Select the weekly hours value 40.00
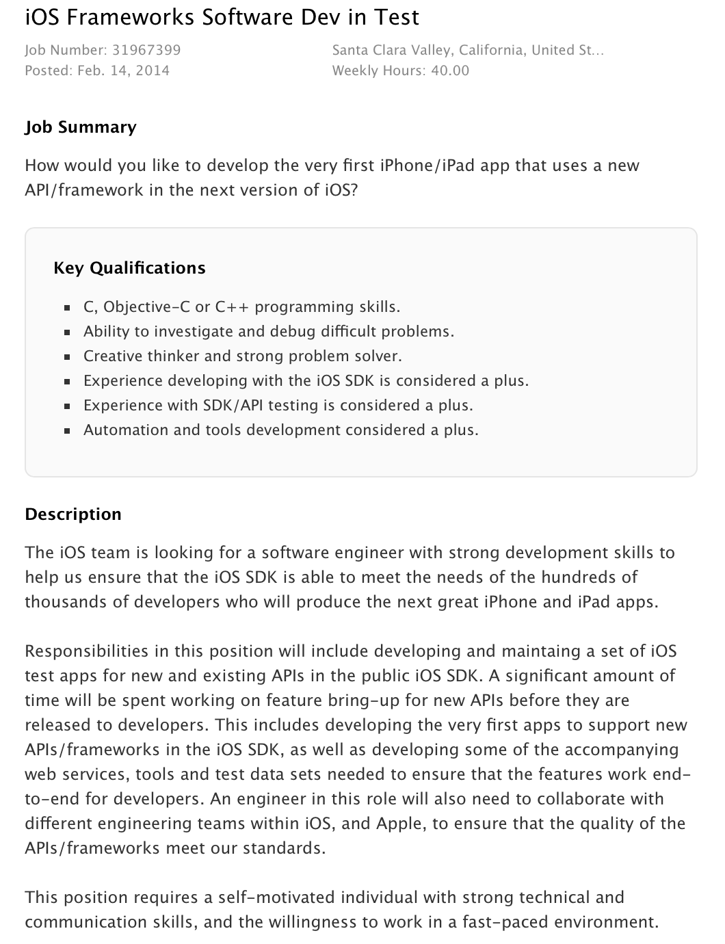click(450, 70)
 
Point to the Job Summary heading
click(81, 127)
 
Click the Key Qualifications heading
click(129, 267)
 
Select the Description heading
click(73, 514)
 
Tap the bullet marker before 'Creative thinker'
click(67, 357)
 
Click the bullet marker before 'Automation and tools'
click(67, 431)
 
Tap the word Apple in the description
click(401, 824)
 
